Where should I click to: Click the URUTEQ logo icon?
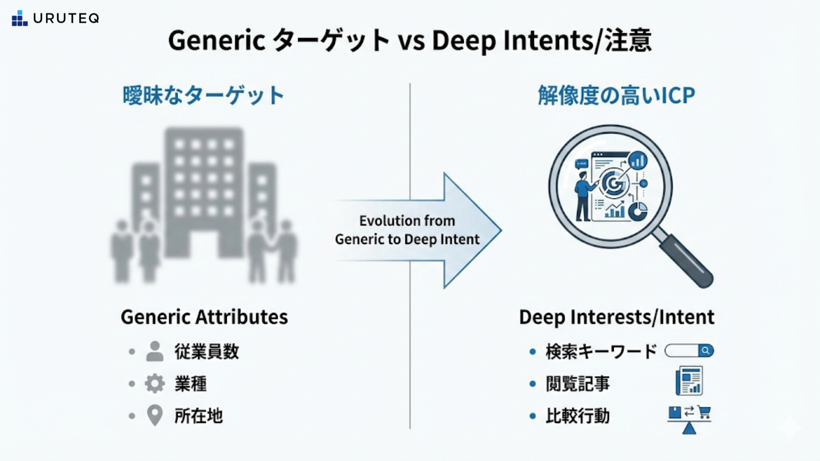pyautogui.click(x=20, y=18)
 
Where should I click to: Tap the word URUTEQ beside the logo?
pyautogui.click(x=66, y=18)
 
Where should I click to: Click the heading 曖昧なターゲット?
pyautogui.click(x=203, y=95)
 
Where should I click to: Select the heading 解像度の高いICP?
pyautogui.click(x=616, y=95)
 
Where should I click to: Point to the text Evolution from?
pyautogui.click(x=407, y=221)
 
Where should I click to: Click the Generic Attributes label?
pyautogui.click(x=204, y=317)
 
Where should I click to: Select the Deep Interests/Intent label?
pyautogui.click(x=616, y=317)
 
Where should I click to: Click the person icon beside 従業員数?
pyautogui.click(x=155, y=351)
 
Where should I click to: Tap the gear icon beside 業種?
pyautogui.click(x=155, y=383)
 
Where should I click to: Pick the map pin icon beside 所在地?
pyautogui.click(x=155, y=415)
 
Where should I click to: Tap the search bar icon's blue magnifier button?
pyautogui.click(x=706, y=351)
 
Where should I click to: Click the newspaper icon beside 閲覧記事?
pyautogui.click(x=689, y=381)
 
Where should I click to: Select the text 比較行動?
pyautogui.click(x=577, y=416)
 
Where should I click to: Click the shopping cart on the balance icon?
pyautogui.click(x=703, y=412)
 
